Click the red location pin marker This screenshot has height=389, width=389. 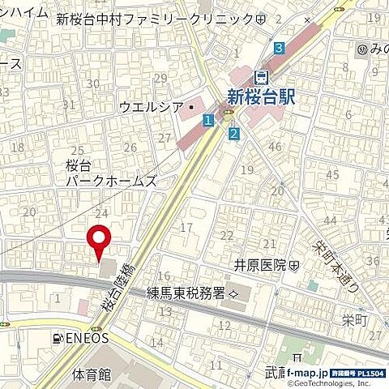pos(100,239)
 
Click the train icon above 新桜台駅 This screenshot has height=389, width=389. pos(261,77)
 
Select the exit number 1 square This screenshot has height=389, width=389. pos(208,121)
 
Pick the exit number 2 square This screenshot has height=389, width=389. pos(234,134)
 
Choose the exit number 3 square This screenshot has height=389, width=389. pos(279,48)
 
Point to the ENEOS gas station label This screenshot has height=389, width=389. pos(80,338)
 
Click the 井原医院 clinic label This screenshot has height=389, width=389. pos(261,265)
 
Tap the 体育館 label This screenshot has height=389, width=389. pos(90,374)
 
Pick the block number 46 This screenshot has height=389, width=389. pos(275,147)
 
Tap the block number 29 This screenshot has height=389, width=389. pos(160,78)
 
